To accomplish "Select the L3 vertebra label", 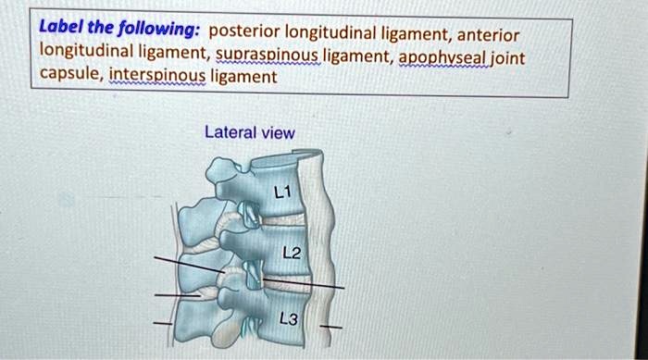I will pyautogui.click(x=289, y=319).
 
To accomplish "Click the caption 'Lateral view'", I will pyautogui.click(x=250, y=133).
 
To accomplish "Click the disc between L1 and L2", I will pyautogui.click(x=285, y=221).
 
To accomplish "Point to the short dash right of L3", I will pyautogui.click(x=336, y=327).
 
